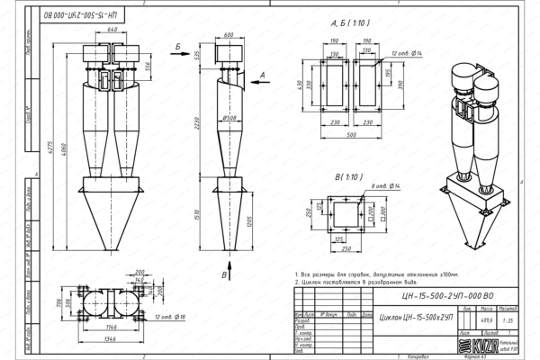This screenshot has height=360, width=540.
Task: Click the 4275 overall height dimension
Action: coord(62,140)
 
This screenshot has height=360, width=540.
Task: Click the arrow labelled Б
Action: coord(181,45)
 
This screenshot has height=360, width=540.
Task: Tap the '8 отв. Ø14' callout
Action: coord(373,185)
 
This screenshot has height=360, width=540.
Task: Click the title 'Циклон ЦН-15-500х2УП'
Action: coord(416,318)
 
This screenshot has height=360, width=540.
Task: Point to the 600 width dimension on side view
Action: coord(228,34)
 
